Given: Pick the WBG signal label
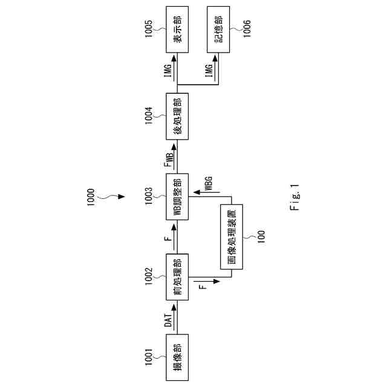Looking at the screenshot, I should click(x=209, y=184).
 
